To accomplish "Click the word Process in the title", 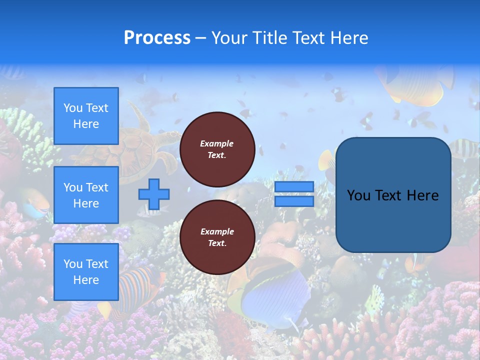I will pos(157,38).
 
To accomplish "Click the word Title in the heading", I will pos(269,38).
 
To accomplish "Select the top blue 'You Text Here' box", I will pos(86,116).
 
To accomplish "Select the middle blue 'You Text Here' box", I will pos(86,195).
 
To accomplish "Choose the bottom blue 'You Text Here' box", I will pos(86,271).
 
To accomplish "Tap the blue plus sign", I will pos(154,194).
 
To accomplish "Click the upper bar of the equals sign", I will pos(294,186).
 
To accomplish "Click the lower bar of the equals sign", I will pos(294,201).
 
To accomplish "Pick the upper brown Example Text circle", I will pos(217,149).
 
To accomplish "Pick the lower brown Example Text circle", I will pos(217,237).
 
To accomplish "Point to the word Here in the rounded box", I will pos(422,195).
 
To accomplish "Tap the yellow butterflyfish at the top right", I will pos(415,82).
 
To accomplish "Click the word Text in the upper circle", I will pos(216,155).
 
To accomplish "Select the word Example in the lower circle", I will pos(217,231).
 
